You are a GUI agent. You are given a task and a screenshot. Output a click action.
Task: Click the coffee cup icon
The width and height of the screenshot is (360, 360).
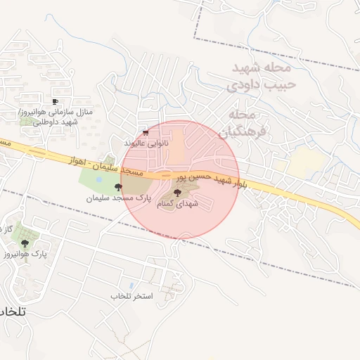coord(56,102)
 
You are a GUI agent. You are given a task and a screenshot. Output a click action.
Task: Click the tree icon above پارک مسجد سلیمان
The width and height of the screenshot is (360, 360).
coord(117,187)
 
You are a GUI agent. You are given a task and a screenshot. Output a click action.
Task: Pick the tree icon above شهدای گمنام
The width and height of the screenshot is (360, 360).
coord(176,191)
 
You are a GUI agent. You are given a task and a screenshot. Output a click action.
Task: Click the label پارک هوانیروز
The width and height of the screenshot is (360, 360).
coord(25,253)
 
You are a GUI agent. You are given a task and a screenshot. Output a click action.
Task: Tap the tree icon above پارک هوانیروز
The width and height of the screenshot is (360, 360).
coord(25,243)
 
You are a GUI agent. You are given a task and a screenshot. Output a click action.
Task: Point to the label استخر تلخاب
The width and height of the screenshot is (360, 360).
coord(131,296)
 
